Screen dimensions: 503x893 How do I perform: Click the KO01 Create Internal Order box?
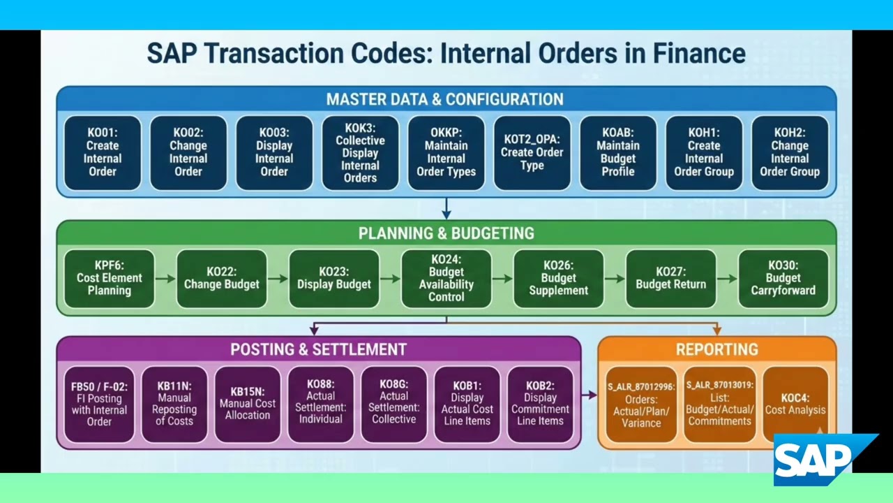tap(103, 152)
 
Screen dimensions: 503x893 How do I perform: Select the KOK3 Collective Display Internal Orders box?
tap(360, 152)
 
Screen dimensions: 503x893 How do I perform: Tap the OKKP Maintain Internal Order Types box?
tap(446, 152)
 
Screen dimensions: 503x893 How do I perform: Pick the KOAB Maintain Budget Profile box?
tap(617, 152)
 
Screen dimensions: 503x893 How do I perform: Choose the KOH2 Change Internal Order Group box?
tap(789, 152)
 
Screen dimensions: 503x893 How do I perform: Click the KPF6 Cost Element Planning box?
tap(109, 278)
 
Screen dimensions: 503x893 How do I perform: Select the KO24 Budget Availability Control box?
tap(446, 278)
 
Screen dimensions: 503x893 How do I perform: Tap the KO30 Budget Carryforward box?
tap(783, 278)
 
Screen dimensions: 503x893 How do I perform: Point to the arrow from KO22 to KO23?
tap(278, 279)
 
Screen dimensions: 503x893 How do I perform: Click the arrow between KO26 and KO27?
tap(615, 279)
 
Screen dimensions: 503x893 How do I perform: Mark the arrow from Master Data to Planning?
tap(446, 208)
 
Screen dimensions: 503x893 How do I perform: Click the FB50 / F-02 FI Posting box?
tap(99, 404)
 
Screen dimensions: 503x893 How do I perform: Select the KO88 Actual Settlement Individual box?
tap(320, 404)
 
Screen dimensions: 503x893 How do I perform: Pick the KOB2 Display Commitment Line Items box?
tap(540, 404)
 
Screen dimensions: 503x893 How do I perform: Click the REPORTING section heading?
tap(716, 349)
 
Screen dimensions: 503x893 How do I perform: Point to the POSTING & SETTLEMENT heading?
tap(318, 349)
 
